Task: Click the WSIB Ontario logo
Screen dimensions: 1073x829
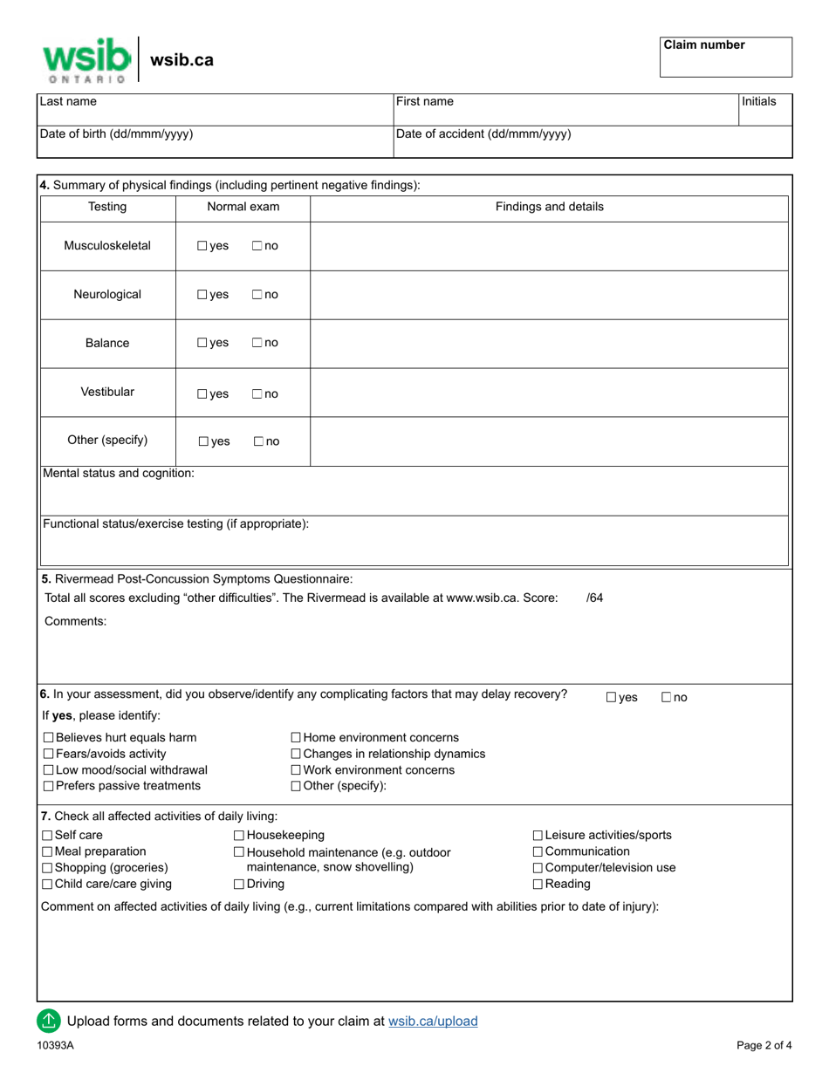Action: [x=86, y=59]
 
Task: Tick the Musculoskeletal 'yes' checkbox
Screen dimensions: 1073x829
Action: [x=202, y=246]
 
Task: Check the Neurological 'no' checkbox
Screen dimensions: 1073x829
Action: [x=257, y=295]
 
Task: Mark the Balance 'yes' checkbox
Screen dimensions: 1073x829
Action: [x=202, y=344]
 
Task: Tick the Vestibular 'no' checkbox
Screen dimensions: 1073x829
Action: [x=257, y=394]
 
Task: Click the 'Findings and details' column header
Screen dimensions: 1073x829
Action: [x=549, y=207]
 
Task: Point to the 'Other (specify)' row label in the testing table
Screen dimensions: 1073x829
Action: [x=107, y=440]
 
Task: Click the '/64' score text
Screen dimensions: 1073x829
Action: [x=594, y=598]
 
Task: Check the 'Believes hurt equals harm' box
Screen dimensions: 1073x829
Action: [x=49, y=738]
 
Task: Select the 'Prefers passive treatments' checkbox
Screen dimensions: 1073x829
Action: [x=49, y=786]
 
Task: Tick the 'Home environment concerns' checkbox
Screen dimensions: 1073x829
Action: [x=296, y=738]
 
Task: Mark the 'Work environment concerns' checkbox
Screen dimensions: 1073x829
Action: [x=296, y=770]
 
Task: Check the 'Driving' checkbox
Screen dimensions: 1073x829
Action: [x=239, y=885]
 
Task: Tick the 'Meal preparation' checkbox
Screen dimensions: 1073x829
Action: [x=49, y=851]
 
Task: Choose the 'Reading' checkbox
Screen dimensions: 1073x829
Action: [x=538, y=885]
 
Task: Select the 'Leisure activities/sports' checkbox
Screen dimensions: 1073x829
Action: [x=538, y=836]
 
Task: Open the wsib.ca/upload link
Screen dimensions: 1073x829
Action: [x=433, y=1021]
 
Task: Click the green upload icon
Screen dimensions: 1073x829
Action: [x=49, y=1020]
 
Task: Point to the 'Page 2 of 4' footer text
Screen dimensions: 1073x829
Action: [x=764, y=1045]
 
